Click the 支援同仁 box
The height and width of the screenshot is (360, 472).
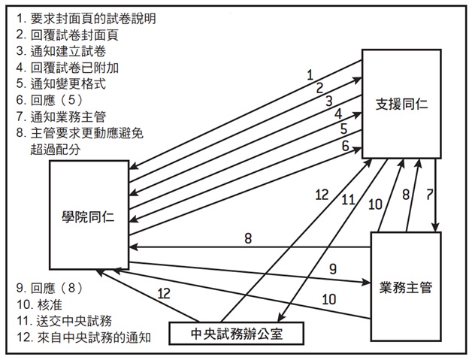click(401, 104)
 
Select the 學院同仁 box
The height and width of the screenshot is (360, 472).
click(88, 216)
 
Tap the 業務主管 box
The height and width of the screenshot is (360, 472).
click(405, 285)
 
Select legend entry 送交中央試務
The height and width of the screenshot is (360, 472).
click(65, 321)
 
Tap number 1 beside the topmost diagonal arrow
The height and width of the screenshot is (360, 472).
click(309, 74)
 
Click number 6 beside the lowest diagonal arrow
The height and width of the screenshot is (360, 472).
click(345, 146)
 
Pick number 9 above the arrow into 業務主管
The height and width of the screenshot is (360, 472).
click(331, 267)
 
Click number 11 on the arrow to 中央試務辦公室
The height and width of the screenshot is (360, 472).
click(348, 199)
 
